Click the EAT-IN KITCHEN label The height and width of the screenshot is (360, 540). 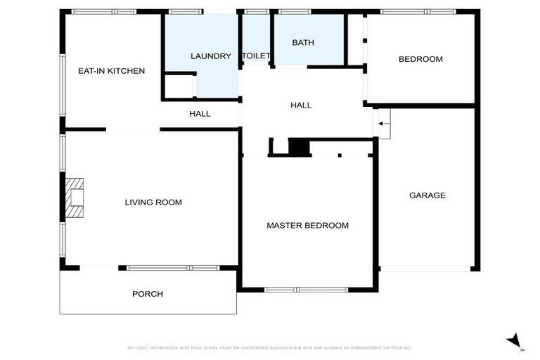click(111, 71)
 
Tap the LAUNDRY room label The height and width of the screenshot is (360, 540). click(211, 56)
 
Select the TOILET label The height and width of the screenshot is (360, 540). click(256, 56)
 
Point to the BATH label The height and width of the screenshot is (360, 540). click(303, 43)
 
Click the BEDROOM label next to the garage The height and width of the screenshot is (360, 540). click(420, 59)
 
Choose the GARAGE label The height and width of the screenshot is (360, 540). click(427, 195)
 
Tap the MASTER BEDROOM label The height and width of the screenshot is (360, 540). click(307, 226)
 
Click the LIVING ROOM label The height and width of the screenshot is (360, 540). click(153, 202)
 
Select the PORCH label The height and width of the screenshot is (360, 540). click(148, 294)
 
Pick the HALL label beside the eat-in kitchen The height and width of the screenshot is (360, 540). click(200, 114)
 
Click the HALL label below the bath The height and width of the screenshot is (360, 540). click(301, 105)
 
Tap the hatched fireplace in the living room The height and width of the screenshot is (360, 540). click(74, 198)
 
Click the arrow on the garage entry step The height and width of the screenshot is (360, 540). click(382, 124)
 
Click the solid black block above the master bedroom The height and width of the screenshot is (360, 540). click(300, 147)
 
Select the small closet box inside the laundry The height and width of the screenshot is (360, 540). click(179, 86)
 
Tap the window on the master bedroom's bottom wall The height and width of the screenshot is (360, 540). click(307, 289)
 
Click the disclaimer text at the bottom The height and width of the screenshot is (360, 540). click(270, 347)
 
